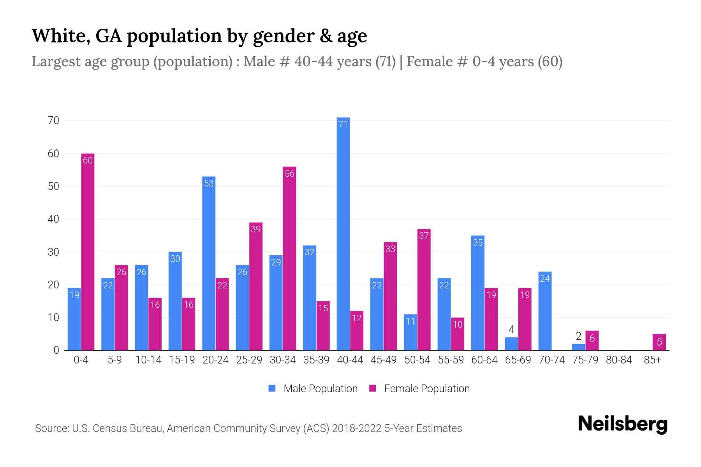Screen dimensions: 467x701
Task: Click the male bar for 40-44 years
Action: pos(343,233)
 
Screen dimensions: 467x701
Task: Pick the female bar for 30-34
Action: pos(289,258)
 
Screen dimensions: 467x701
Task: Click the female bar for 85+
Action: pos(659,342)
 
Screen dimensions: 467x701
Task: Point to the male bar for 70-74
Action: pos(545,311)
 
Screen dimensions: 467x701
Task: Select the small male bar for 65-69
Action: pos(511,344)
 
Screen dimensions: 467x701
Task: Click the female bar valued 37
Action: pos(424,290)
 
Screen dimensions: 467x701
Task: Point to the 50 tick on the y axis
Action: pos(53,186)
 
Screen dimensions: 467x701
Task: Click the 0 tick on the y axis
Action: pos(56,350)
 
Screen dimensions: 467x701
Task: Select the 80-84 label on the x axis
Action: pos(619,360)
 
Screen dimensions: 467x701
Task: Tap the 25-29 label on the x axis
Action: pos(249,360)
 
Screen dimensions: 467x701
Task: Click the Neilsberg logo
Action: pos(622,424)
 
